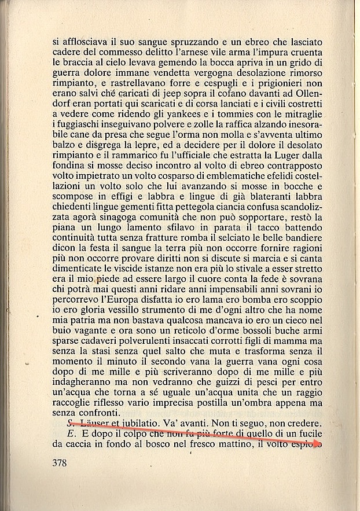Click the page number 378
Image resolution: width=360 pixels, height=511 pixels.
point(60,462)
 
